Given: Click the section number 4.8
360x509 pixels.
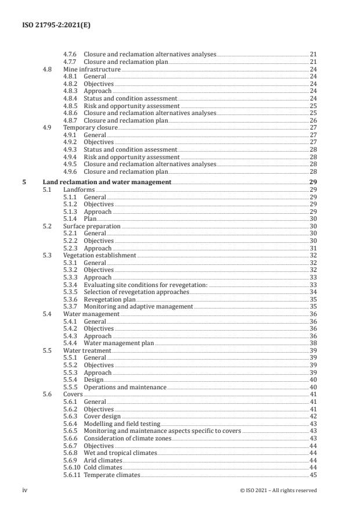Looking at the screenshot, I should point(48,69).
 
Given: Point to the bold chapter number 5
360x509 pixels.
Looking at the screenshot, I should point(24,182).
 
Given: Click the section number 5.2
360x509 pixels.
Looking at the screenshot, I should point(48,226).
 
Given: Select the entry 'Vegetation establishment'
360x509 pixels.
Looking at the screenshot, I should point(100,256).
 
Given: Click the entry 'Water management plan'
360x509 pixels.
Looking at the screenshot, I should point(118,343).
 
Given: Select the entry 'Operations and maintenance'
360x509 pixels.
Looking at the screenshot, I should point(125,387).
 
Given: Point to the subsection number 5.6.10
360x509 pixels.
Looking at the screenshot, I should point(72,468).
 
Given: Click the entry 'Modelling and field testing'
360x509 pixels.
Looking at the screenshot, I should point(122,424).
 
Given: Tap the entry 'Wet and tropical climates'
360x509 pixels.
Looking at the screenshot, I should point(120,453).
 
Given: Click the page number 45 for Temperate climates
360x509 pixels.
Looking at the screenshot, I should point(312,475).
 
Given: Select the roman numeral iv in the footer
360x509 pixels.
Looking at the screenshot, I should point(25,490).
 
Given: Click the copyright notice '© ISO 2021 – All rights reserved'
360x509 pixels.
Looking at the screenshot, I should point(279,490).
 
